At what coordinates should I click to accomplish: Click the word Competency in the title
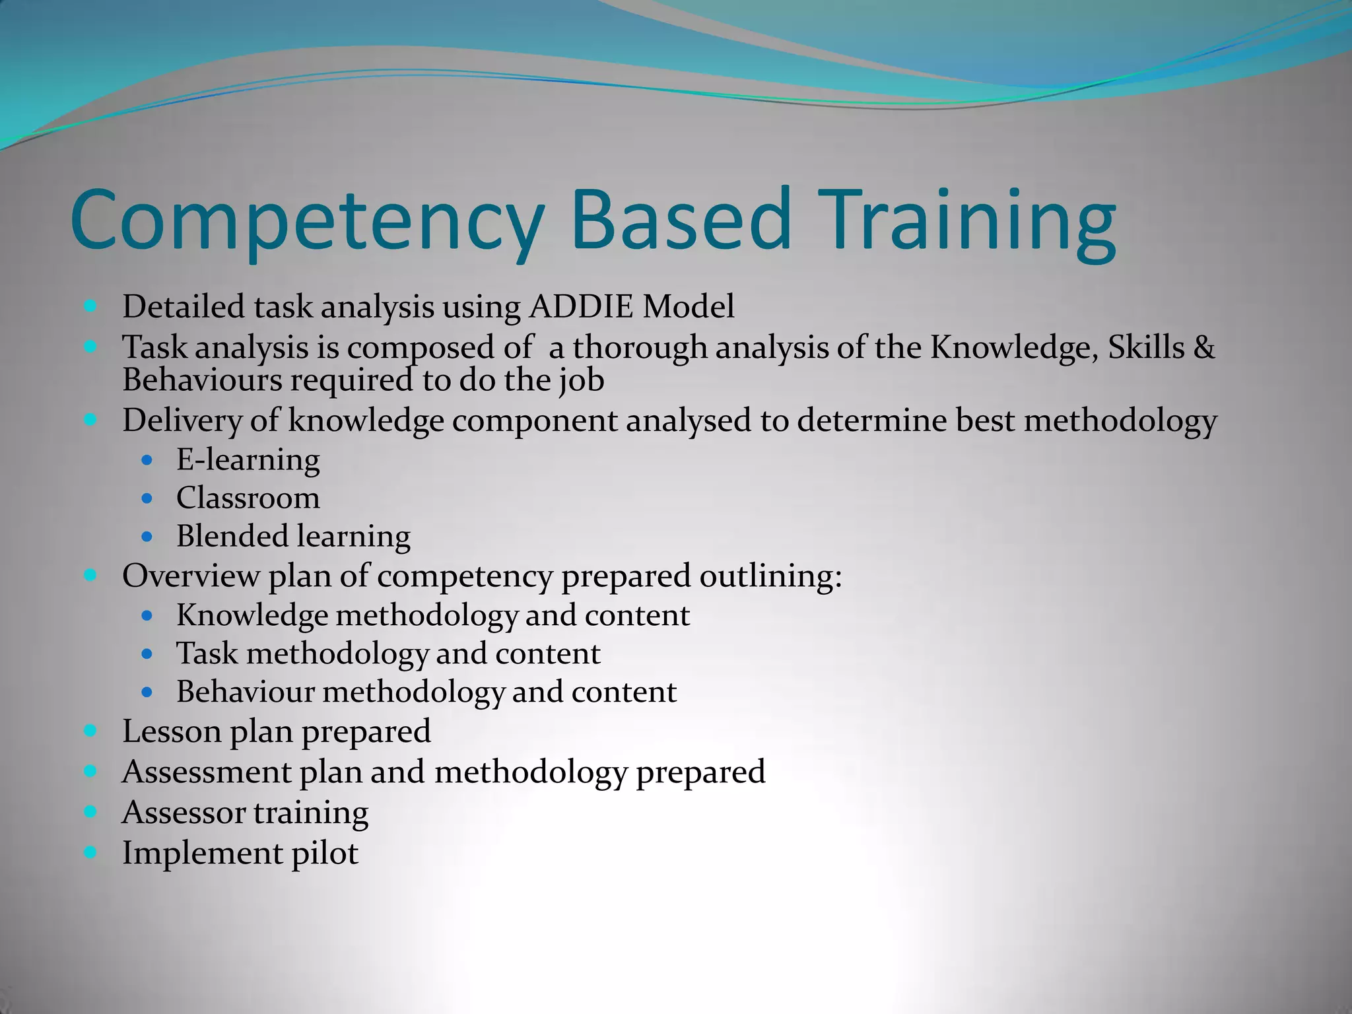pyautogui.click(x=307, y=221)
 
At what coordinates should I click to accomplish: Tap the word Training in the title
pyautogui.click(x=970, y=221)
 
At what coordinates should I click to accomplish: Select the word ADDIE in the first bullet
pyautogui.click(x=581, y=307)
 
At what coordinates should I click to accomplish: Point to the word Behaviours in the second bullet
pyautogui.click(x=202, y=380)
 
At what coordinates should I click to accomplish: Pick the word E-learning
pyautogui.click(x=248, y=459)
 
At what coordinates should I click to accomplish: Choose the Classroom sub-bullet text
pyautogui.click(x=248, y=498)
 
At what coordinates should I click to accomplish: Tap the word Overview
pyautogui.click(x=191, y=576)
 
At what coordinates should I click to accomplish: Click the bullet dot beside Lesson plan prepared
pyautogui.click(x=91, y=731)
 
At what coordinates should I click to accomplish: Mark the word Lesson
pyautogui.click(x=172, y=731)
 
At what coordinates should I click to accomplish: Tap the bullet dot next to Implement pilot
pyautogui.click(x=91, y=852)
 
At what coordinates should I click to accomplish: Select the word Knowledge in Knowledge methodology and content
pyautogui.click(x=252, y=615)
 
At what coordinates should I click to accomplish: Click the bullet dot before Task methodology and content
pyautogui.click(x=147, y=654)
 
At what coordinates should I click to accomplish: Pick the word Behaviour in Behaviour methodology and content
pyautogui.click(x=246, y=692)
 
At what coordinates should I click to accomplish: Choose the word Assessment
pyautogui.click(x=207, y=772)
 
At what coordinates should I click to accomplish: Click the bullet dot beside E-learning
pyautogui.click(x=147, y=459)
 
